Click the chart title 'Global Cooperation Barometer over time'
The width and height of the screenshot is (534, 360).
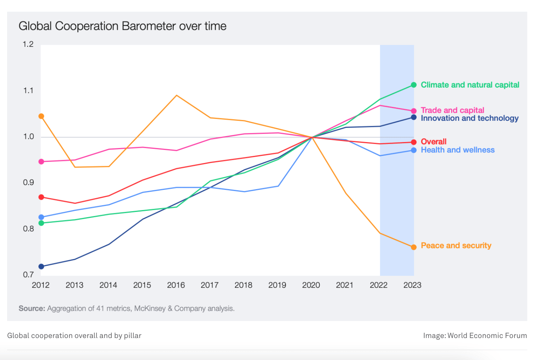[122, 26]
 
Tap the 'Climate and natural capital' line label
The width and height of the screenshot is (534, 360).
[470, 85]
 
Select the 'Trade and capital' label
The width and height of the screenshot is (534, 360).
[452, 110]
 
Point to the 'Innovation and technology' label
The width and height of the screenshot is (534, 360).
[469, 118]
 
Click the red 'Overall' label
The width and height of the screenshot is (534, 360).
[433, 142]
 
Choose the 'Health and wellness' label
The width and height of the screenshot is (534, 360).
[457, 150]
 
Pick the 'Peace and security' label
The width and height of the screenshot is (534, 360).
[456, 246]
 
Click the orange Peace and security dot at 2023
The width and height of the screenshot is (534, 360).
[414, 247]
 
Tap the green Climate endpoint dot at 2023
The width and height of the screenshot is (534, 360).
[414, 85]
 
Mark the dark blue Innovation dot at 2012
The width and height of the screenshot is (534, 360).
[41, 266]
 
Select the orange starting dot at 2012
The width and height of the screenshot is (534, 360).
[41, 116]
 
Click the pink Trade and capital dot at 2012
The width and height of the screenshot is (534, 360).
[41, 162]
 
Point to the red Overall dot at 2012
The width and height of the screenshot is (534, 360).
[41, 197]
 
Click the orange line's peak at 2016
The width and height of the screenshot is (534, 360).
[177, 95]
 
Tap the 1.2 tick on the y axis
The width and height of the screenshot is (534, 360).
[28, 44]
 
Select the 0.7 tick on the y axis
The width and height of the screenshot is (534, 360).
[28, 275]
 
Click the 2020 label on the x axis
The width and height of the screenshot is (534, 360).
[311, 285]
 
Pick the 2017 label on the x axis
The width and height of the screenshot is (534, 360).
[210, 285]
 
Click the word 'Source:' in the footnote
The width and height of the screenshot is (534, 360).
[32, 309]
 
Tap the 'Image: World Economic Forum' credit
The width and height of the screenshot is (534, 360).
[475, 336]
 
